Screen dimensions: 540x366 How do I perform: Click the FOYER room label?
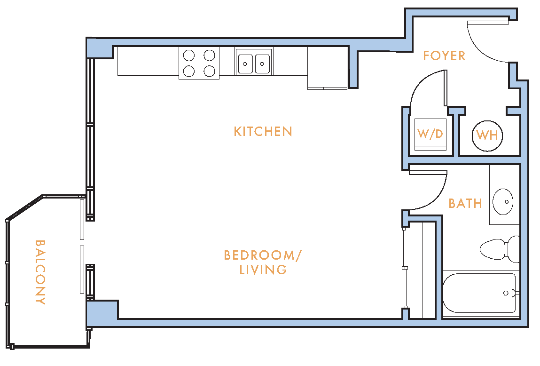point(444,56)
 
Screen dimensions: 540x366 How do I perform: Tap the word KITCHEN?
point(263,131)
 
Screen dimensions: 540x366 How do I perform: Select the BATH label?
point(465,203)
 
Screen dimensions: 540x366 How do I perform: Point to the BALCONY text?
point(40,272)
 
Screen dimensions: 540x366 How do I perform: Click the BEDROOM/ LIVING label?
point(263,262)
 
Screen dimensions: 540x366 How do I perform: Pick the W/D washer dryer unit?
point(430,135)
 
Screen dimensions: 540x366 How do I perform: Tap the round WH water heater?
point(487,135)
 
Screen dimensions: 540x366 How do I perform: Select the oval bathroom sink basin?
point(503,202)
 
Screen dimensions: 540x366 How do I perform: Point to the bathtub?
point(481,293)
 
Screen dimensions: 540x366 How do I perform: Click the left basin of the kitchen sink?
point(245,64)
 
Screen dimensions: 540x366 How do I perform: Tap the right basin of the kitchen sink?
point(262,64)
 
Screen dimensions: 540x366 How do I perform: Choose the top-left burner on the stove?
point(189,55)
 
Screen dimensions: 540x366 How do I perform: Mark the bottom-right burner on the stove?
point(209,71)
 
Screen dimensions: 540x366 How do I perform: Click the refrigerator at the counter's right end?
point(327,68)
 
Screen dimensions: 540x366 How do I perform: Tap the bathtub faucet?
point(515,293)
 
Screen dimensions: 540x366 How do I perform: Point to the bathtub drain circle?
point(506,293)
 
